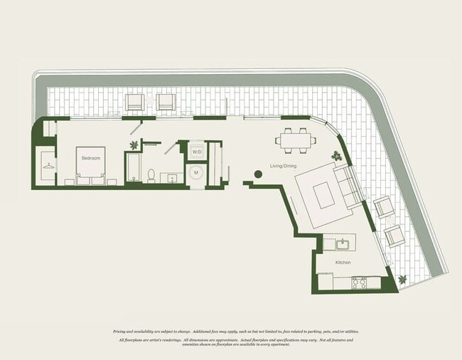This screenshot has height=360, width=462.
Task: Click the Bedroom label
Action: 90,158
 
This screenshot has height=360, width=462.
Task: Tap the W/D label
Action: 197,152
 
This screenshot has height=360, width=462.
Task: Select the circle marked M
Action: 197,171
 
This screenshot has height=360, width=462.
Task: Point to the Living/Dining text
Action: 282,166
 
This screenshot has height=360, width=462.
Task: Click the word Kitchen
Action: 343,263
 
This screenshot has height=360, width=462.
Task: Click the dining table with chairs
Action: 297,139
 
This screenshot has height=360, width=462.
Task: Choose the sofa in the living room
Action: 348,187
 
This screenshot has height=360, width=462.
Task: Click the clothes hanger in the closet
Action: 47,166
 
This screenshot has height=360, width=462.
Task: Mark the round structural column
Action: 257,174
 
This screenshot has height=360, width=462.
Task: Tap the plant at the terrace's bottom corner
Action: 403,279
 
